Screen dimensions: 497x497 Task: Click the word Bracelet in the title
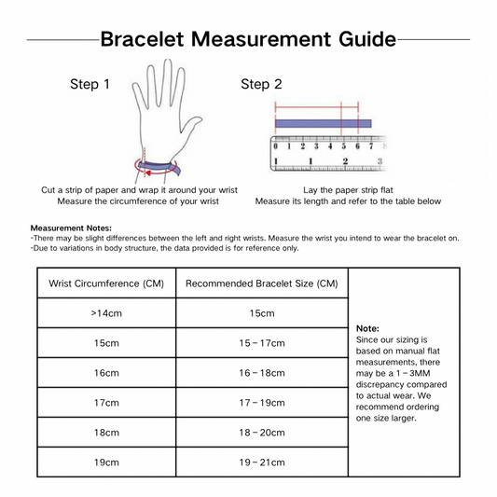pos(142,39)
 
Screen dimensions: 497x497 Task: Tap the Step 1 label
pos(90,84)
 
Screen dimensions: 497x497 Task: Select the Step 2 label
pos(261,84)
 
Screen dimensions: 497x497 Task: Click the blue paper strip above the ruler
pos(323,124)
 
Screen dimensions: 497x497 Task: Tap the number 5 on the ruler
pos(343,146)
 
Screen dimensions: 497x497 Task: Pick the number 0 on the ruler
pos(275,146)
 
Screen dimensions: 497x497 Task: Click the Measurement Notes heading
pos(71,228)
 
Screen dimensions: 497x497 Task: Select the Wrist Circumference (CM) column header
pos(106,283)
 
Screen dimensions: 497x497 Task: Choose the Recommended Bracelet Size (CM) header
pos(262,283)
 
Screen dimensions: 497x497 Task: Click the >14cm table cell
pos(106,313)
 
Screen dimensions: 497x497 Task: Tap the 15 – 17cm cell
pos(262,343)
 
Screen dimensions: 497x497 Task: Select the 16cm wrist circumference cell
pos(106,373)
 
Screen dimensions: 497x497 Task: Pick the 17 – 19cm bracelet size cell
pos(262,403)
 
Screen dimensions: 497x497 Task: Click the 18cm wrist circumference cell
pos(106,433)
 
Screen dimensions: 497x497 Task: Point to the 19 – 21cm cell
pos(262,462)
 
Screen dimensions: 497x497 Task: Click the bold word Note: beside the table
pos(367,328)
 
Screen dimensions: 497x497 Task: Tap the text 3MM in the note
pos(420,373)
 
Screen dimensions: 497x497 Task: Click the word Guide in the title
pos(367,39)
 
